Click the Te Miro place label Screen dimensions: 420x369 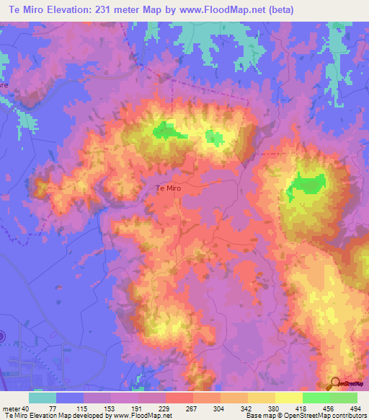tap(168, 188)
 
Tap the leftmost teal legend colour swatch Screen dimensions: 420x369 tap(42, 398)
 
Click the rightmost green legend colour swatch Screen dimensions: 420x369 tap(343, 398)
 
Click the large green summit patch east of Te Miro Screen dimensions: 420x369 tap(306, 186)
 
